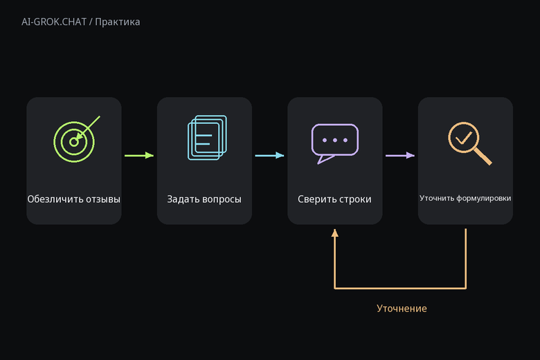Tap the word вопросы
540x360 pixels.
pos(222,200)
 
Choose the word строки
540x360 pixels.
pos(355,199)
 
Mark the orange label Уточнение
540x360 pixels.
pos(402,308)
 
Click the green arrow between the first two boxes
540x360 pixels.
pos(139,155)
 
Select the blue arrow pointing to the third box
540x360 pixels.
pos(270,155)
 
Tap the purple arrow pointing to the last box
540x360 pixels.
pos(400,155)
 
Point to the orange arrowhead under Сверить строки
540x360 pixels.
pos(335,233)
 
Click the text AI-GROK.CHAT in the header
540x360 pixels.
pos(54,22)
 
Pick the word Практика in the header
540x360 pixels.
pos(118,22)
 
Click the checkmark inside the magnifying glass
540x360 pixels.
pos(464,138)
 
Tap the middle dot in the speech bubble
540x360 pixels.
pos(335,141)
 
